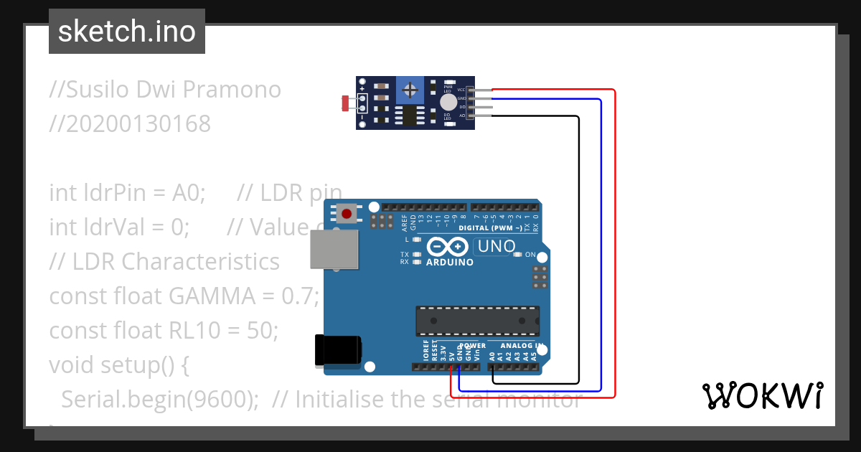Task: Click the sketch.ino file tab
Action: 126,32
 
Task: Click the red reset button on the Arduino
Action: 348,213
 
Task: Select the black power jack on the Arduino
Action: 339,352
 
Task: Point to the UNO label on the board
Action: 495,247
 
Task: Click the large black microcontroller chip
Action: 477,321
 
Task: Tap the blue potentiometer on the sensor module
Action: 410,90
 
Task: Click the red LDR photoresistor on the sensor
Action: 346,103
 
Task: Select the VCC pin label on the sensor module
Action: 461,90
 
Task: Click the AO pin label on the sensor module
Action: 461,115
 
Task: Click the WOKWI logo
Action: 762,395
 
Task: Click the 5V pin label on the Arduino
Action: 451,354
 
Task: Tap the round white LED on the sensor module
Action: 448,102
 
